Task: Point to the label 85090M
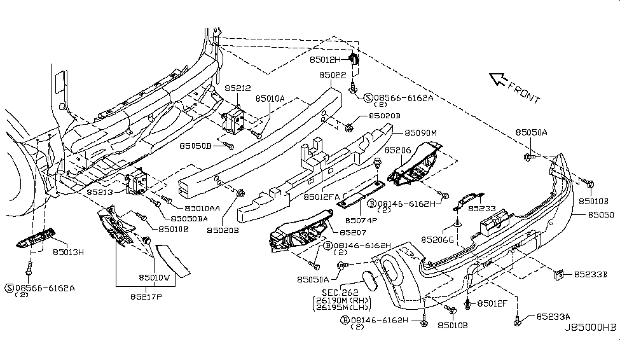point(421,134)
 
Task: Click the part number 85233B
point(591,274)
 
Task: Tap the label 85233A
point(553,316)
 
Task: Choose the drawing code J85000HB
point(589,328)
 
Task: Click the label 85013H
point(68,252)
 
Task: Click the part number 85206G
point(437,240)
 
